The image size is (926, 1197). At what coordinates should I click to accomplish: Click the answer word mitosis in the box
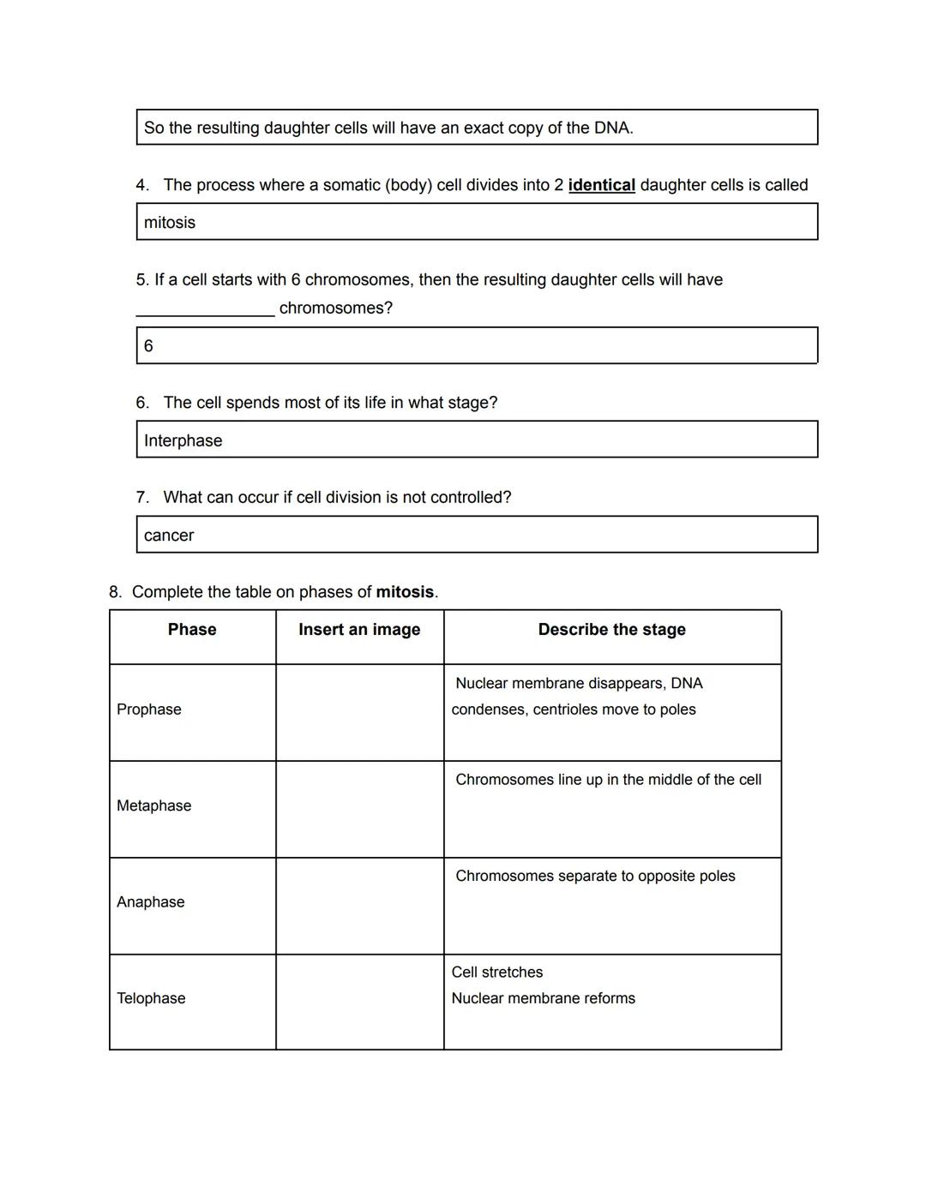pyautogui.click(x=170, y=223)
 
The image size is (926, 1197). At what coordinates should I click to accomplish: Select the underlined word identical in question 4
pyautogui.click(x=601, y=185)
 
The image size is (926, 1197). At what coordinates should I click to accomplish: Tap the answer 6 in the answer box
pyautogui.click(x=148, y=346)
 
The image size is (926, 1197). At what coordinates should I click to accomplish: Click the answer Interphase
pyautogui.click(x=183, y=440)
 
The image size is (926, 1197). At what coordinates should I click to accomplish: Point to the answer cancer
pyautogui.click(x=169, y=536)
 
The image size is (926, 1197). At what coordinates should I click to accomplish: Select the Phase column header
pyautogui.click(x=192, y=630)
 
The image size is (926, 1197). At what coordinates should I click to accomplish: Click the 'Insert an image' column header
pyautogui.click(x=359, y=630)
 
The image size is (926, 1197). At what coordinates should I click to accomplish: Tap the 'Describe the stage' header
pyautogui.click(x=611, y=630)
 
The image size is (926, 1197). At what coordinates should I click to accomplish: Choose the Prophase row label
pyautogui.click(x=149, y=709)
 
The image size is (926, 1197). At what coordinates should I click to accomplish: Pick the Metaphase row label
pyautogui.click(x=154, y=805)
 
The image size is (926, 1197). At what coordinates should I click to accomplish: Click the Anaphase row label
pyautogui.click(x=151, y=902)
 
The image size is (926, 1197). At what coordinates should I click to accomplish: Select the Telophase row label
pyautogui.click(x=151, y=998)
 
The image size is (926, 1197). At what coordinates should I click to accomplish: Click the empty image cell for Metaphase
pyautogui.click(x=359, y=809)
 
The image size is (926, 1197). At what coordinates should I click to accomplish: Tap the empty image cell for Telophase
pyautogui.click(x=359, y=1002)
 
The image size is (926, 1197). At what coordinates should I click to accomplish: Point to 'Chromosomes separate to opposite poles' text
pyautogui.click(x=595, y=876)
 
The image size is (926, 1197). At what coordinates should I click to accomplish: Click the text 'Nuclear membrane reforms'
pyautogui.click(x=543, y=998)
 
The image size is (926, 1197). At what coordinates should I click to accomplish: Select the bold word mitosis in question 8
pyautogui.click(x=405, y=592)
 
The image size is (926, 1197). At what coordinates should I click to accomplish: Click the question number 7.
pyautogui.click(x=141, y=498)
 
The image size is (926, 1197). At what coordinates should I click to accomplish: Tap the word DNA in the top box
pyautogui.click(x=612, y=129)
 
